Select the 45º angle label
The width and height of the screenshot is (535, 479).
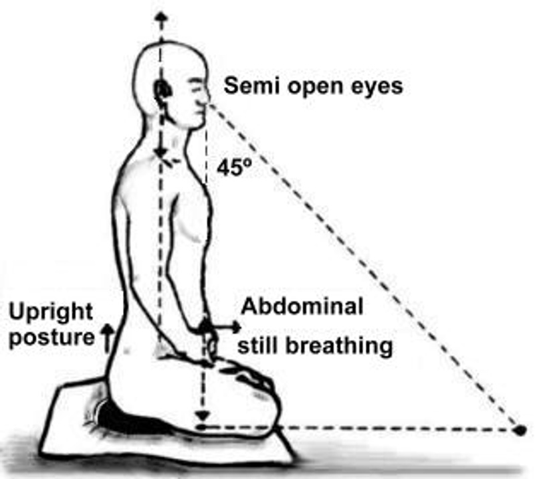point(233,168)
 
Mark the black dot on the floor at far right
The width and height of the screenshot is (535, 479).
point(519,429)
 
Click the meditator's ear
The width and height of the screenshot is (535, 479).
point(161,90)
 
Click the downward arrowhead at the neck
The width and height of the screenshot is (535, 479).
point(160,153)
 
